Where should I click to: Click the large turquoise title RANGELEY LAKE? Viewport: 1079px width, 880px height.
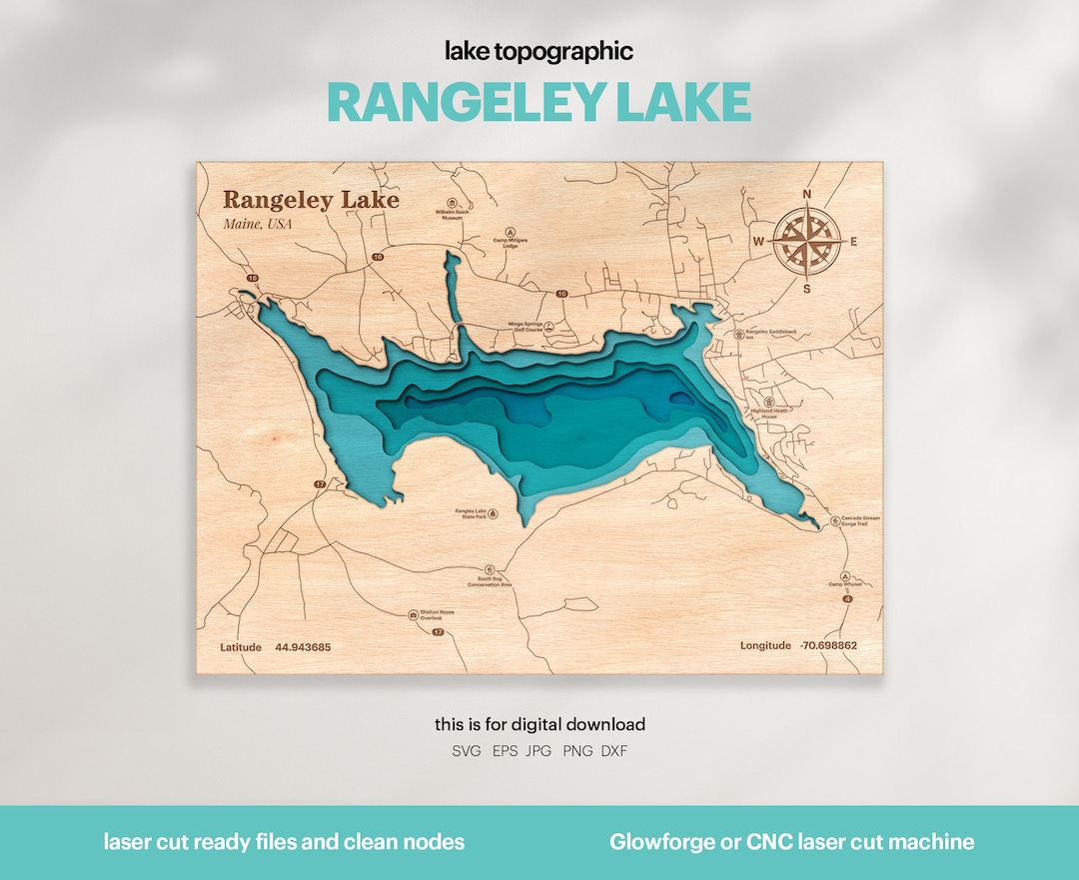pyautogui.click(x=539, y=102)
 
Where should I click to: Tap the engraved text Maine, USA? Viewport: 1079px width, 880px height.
pyautogui.click(x=258, y=224)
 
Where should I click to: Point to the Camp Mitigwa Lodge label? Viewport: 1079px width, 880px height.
pyautogui.click(x=510, y=242)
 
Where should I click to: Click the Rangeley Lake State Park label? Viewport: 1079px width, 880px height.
pyautogui.click(x=471, y=513)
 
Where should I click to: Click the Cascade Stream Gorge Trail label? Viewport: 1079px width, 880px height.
pyautogui.click(x=860, y=520)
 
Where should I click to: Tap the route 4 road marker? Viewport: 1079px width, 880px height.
pyautogui.click(x=847, y=598)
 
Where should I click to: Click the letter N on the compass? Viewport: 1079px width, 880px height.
pyautogui.click(x=807, y=195)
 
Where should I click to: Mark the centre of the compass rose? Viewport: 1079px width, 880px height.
pyautogui.click(x=807, y=242)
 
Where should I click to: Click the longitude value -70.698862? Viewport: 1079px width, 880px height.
pyautogui.click(x=828, y=646)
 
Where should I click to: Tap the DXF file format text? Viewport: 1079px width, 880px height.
pyautogui.click(x=614, y=750)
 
